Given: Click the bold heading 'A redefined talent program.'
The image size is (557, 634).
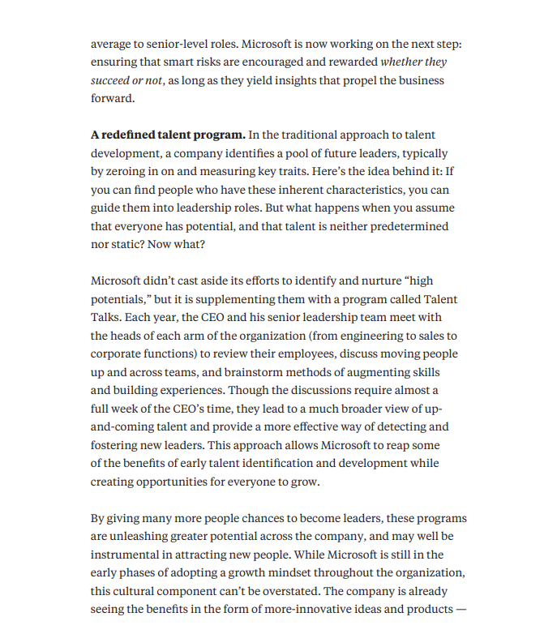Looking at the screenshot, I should tap(168, 135).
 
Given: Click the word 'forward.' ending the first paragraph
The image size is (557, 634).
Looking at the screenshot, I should tap(113, 98).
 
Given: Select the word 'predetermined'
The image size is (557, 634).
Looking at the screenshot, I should tap(409, 226).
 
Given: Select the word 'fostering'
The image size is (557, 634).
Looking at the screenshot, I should tap(115, 445).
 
